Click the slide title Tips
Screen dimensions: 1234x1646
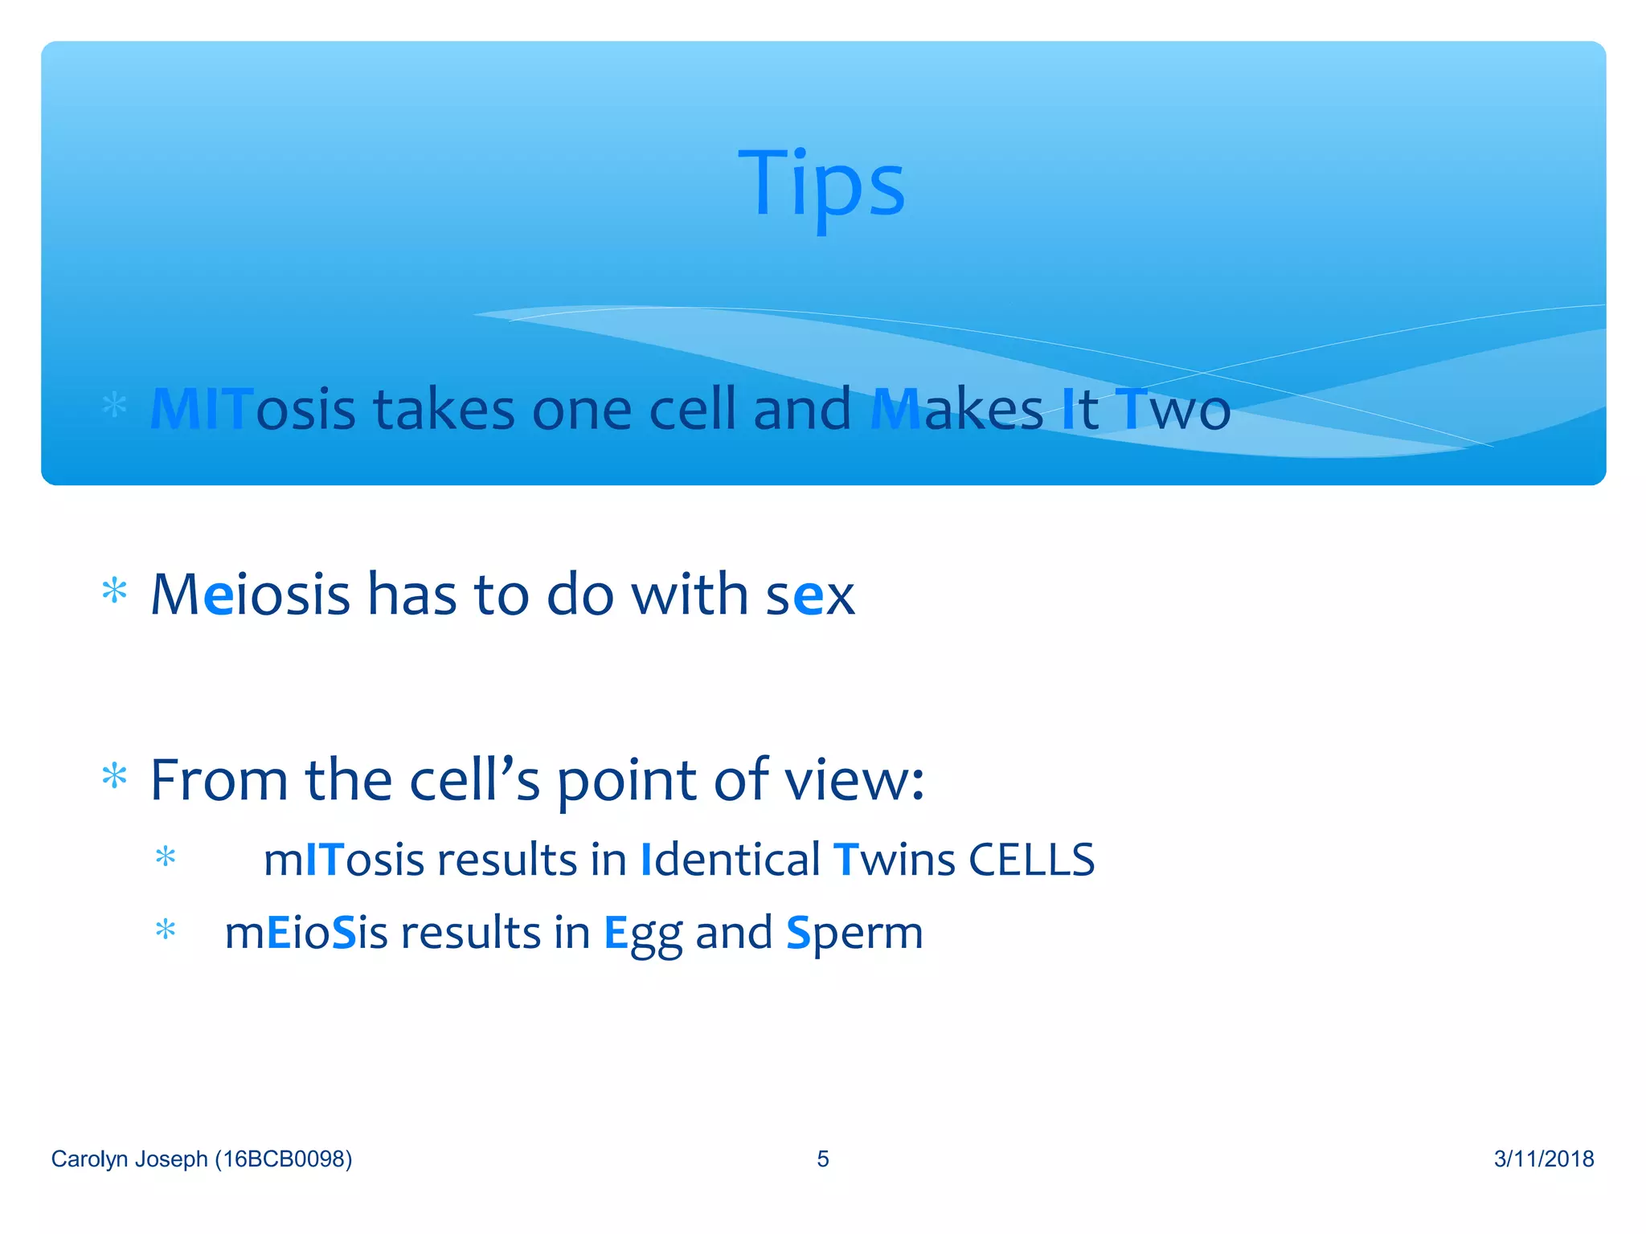(x=821, y=185)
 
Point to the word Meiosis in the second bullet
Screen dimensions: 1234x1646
(x=250, y=595)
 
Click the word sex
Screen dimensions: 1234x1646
(x=809, y=595)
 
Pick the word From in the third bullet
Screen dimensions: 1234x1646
(x=219, y=780)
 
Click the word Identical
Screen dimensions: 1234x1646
(x=730, y=860)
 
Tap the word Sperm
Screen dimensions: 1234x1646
(x=854, y=934)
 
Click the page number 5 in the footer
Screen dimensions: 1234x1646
(x=822, y=1158)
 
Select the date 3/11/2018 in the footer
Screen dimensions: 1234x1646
(x=1543, y=1158)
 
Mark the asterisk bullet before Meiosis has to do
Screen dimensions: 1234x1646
(x=115, y=591)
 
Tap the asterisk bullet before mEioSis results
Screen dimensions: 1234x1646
(x=166, y=930)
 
